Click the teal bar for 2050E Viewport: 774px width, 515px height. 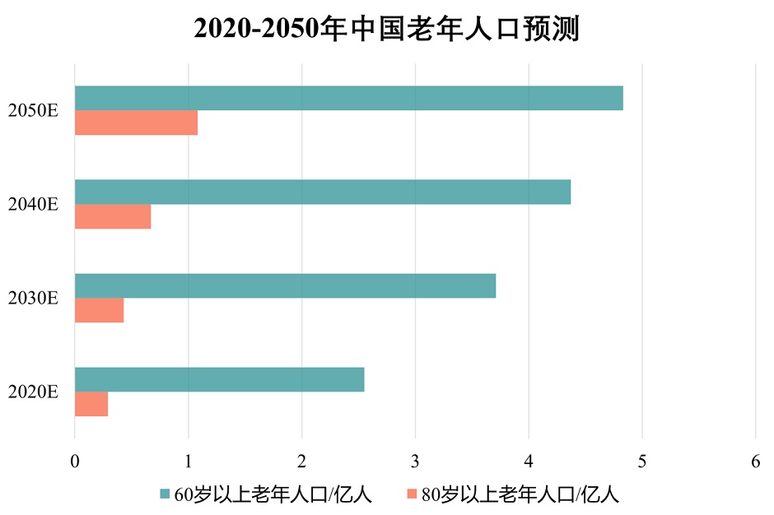[348, 98]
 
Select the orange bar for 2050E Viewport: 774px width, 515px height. [136, 123]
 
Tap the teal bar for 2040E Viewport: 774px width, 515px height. [322, 192]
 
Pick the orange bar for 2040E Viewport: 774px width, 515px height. [113, 216]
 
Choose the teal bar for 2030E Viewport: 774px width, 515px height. [285, 285]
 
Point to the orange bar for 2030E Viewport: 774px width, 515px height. [99, 310]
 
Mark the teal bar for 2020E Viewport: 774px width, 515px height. [219, 379]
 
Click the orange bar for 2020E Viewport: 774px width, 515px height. [91, 404]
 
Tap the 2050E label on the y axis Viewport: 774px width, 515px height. [33, 110]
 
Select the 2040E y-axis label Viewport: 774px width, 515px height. [33, 204]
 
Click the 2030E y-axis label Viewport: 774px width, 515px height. [33, 298]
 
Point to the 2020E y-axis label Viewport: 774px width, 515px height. [33, 392]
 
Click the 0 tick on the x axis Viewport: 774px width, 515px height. [75, 462]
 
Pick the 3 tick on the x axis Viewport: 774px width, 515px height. [415, 462]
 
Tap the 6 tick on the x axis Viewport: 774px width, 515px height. [756, 462]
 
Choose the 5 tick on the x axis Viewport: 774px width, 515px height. [642, 462]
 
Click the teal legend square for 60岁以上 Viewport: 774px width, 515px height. [165, 494]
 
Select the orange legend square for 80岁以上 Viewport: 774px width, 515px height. [412, 494]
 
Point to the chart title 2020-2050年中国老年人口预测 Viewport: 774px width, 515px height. [387, 29]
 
